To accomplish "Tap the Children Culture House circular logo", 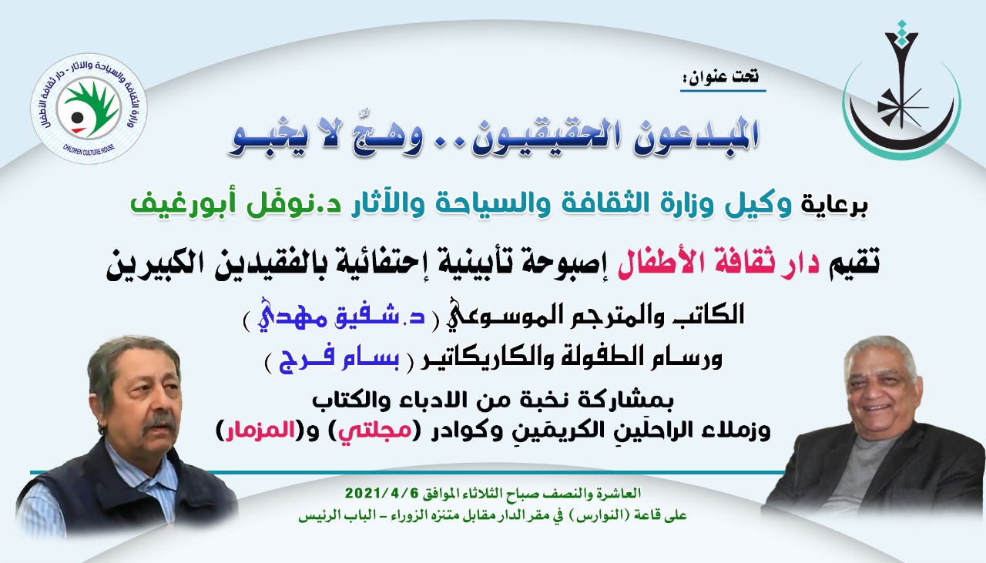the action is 89,109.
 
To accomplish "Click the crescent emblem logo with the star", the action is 901,90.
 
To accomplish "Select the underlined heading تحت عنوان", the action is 723,78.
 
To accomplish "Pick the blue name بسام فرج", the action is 339,360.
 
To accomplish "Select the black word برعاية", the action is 834,206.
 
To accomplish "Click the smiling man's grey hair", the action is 879,352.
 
